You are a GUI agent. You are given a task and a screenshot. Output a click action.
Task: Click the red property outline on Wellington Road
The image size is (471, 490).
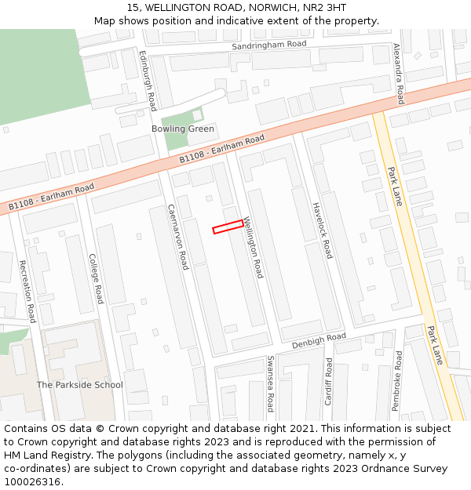click(228, 227)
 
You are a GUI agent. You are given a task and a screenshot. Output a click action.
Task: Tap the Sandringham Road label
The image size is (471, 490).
click(268, 45)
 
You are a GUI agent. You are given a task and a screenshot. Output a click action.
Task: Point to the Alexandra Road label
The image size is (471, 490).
click(398, 74)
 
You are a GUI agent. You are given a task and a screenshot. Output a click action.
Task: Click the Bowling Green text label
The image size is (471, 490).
click(183, 129)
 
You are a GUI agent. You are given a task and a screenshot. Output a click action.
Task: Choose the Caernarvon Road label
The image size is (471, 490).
click(178, 237)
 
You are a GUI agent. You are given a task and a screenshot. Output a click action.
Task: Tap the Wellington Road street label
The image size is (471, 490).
click(253, 248)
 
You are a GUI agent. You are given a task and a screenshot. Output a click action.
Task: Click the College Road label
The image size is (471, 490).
click(96, 278)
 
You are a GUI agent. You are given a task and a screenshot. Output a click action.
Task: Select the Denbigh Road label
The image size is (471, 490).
click(319, 341)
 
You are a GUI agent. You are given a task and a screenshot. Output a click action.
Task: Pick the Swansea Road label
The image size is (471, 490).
click(270, 383)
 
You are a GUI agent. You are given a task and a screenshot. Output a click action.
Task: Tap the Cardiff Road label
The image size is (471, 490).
click(329, 381)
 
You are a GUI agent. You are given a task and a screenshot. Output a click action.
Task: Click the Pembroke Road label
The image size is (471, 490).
click(397, 381)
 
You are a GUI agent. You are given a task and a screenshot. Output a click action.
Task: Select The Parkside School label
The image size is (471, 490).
click(80, 385)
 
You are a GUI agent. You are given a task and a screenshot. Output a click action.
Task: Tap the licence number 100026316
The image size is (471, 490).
click(32, 482)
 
